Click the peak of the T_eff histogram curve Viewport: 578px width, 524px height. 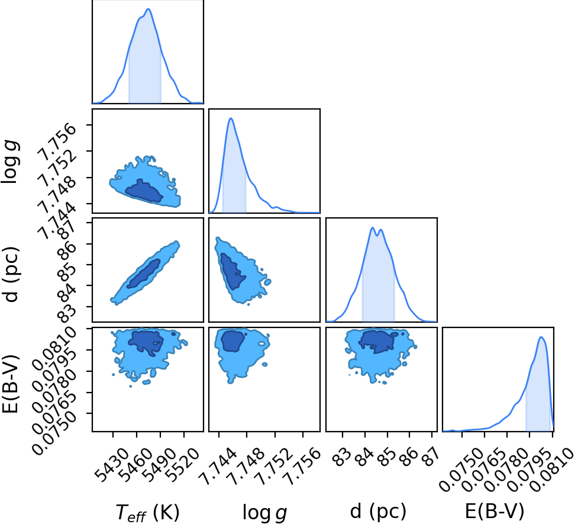[148, 9]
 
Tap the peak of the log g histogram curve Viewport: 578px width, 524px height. [231, 118]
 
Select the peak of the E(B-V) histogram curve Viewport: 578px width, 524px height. [541, 337]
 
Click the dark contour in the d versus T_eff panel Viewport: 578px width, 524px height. [144, 274]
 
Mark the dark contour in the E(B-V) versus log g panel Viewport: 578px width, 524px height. [233, 340]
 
